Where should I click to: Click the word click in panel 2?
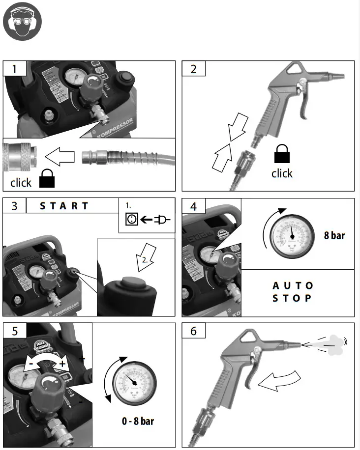[282, 173]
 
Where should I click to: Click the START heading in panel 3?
[64, 206]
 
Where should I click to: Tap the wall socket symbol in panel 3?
[131, 220]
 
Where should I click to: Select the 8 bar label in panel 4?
[334, 235]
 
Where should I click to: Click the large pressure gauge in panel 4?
[292, 235]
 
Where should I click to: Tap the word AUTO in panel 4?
[293, 285]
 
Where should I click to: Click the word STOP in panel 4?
[293, 298]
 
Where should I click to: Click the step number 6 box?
[193, 331]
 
